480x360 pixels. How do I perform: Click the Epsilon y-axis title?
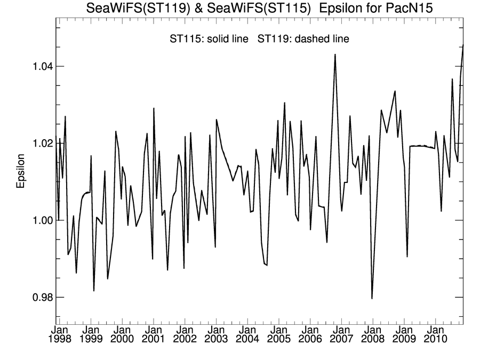[21, 171]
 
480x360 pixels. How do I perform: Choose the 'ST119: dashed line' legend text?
[303, 38]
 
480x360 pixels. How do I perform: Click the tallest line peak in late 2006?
[335, 54]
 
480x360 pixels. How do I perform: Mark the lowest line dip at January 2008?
[372, 299]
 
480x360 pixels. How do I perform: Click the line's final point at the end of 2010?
[463, 45]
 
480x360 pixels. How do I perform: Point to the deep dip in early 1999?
[94, 291]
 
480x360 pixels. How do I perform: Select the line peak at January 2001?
[154, 108]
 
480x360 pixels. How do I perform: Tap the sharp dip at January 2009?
[407, 257]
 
